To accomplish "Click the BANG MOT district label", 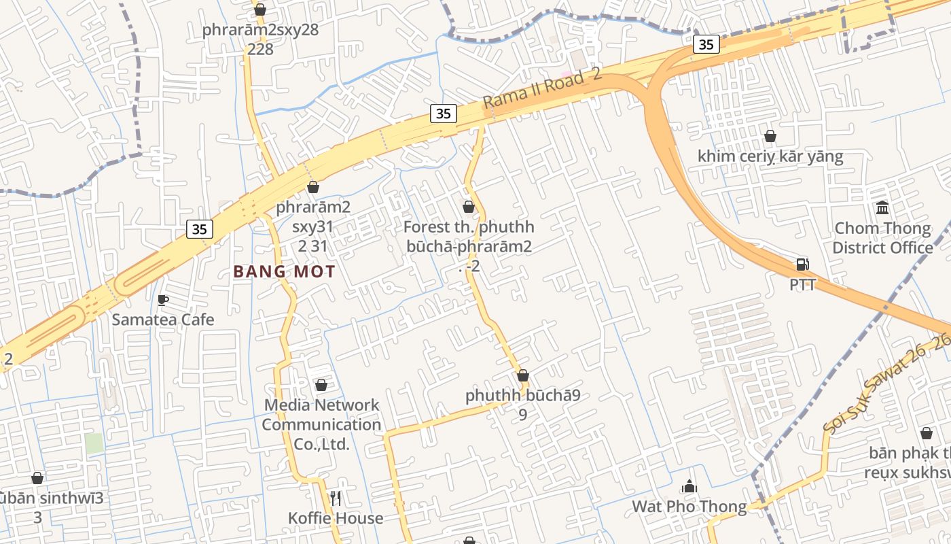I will pos(284,272).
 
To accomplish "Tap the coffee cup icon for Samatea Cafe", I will pos(162,300).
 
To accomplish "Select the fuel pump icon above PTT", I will pos(802,265).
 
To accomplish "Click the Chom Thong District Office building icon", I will pos(882,207).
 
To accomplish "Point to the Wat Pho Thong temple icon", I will pos(689,486).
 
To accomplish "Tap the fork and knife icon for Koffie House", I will pos(335,498).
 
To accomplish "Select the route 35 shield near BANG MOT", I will pos(199,229).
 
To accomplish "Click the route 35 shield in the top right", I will pos(706,44).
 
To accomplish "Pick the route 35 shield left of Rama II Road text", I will pos(443,114).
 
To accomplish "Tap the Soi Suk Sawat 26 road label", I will pos(887,384).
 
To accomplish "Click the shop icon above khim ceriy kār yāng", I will pos(770,136).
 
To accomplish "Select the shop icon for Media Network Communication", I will pos(321,385).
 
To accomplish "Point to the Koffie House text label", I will pos(336,518).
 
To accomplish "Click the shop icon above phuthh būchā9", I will pos(522,375).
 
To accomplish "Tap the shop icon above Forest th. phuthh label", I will pos(468,207).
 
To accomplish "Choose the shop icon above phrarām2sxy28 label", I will pos(259,10).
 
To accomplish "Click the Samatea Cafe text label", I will pos(163,320).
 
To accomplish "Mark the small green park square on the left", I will pos(94,443).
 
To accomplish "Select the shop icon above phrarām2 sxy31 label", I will pos(313,186).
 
